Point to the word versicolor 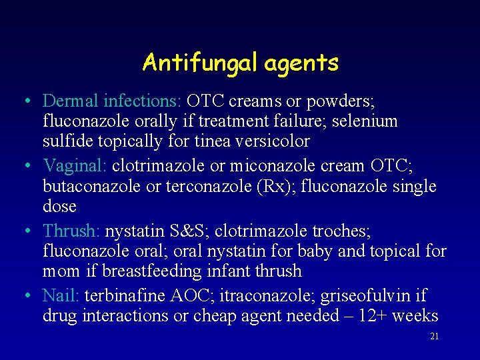coord(271,141)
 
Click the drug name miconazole coord(299,166)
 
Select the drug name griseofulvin coord(357,295)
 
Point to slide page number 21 coord(434,337)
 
